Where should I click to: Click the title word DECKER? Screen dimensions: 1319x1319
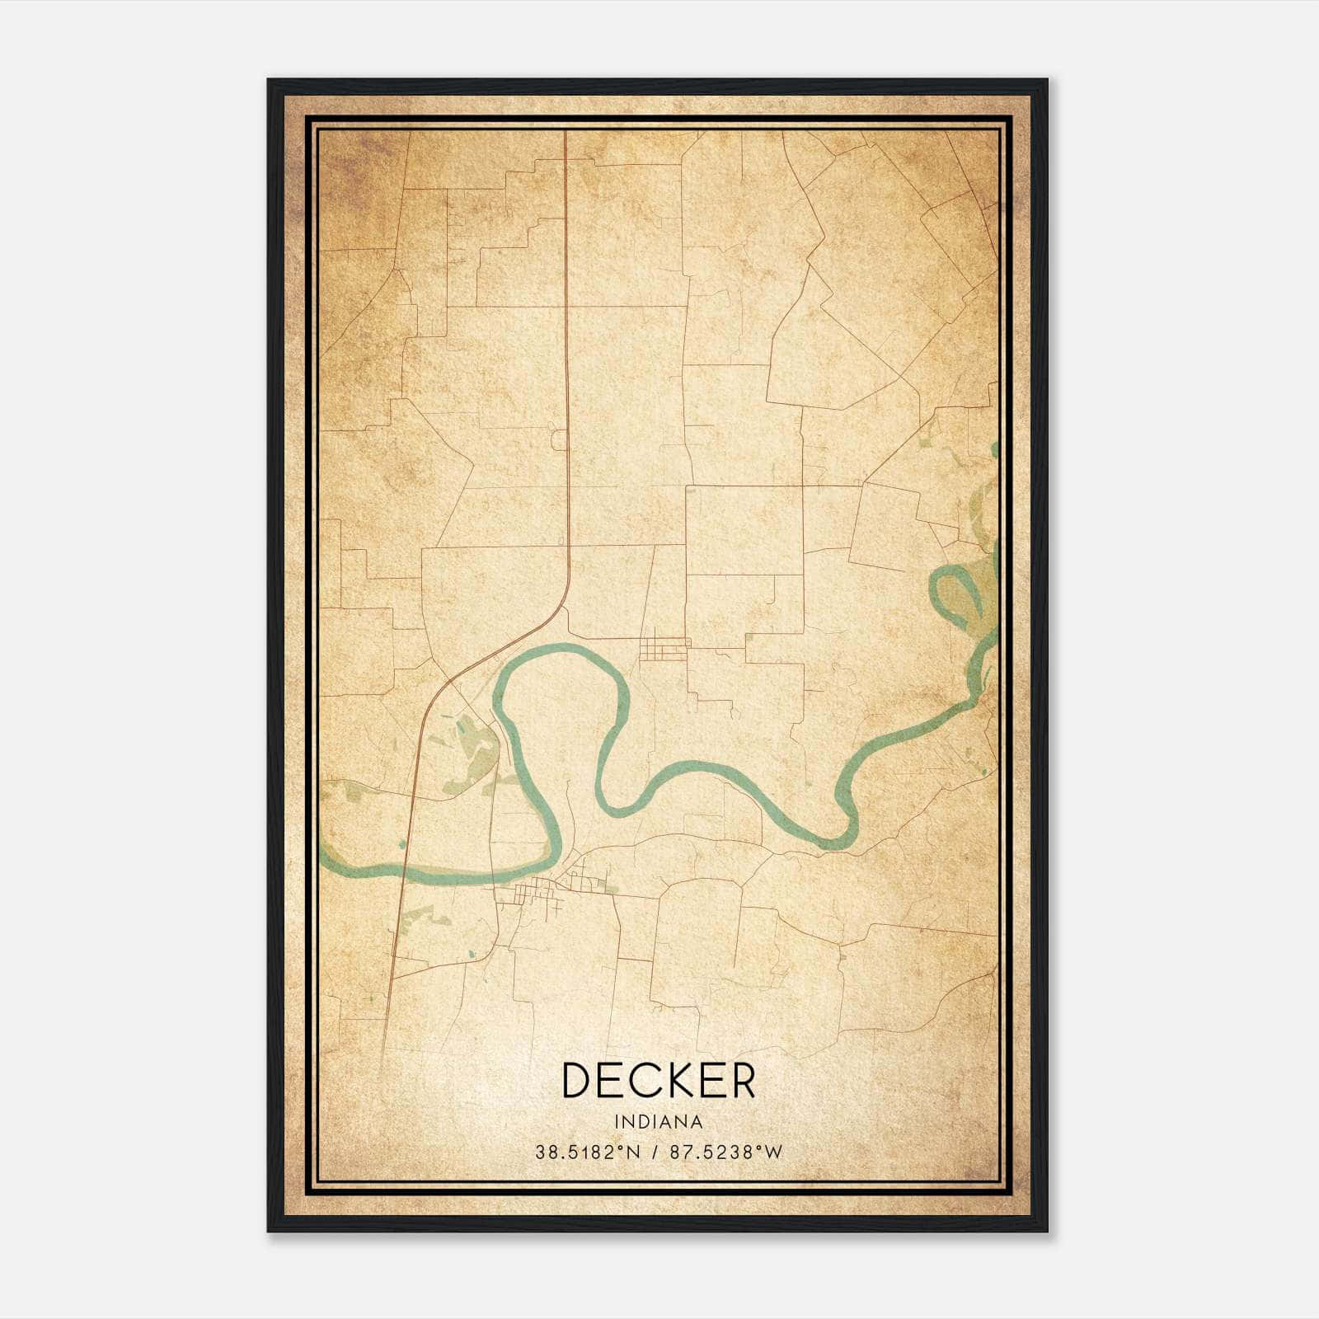point(658,1081)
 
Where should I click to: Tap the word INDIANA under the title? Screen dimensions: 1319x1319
point(658,1122)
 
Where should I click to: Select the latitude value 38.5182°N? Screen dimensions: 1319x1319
point(587,1152)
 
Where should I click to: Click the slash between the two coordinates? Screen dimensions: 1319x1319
point(655,1152)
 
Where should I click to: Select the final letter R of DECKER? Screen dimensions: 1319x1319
point(741,1081)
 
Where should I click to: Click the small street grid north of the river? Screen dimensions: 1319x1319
point(664,648)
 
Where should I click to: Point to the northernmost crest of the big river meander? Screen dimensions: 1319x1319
point(561,649)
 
